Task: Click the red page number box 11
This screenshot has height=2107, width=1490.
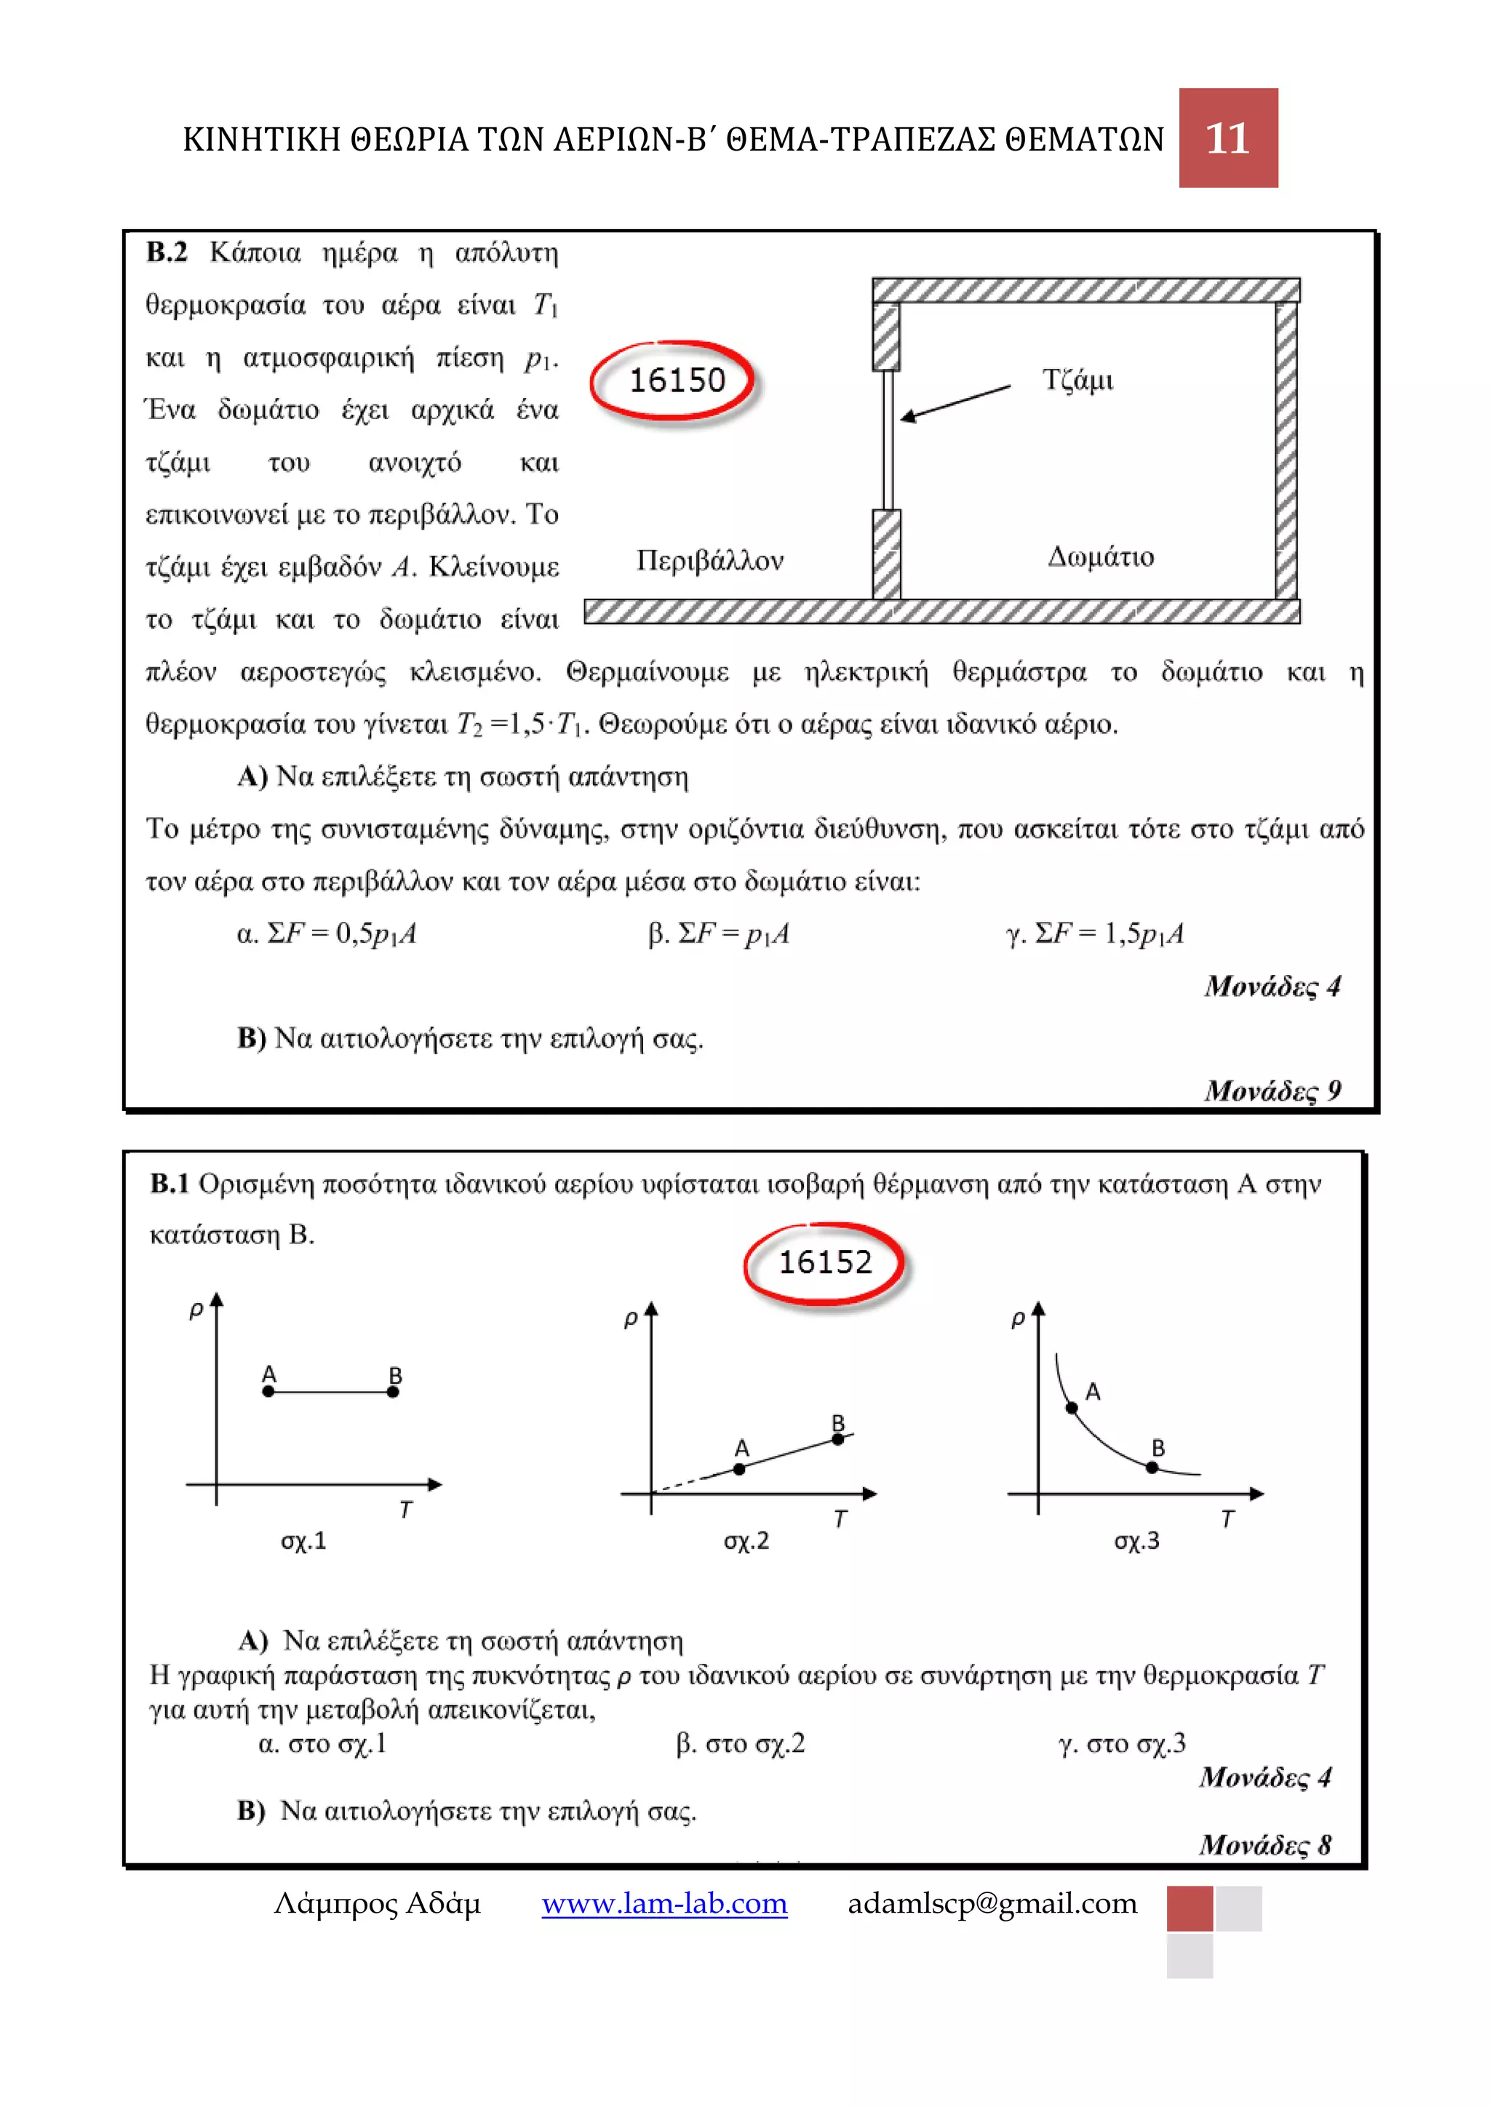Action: point(1227,138)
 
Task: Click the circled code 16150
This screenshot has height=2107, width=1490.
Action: point(675,380)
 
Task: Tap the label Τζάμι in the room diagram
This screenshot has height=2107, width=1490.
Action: point(1077,380)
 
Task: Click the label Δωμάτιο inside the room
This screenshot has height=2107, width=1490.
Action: point(1100,557)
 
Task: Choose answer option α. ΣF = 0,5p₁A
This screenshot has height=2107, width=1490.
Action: point(327,933)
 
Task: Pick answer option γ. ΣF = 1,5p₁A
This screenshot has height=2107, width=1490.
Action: point(1094,933)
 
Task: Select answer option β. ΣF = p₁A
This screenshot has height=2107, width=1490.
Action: point(718,933)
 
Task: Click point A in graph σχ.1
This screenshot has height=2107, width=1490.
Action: point(268,1391)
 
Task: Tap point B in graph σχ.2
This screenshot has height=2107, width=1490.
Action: point(837,1439)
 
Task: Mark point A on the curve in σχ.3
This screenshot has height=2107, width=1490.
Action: point(1071,1408)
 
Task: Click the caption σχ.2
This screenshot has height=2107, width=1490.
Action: point(746,1541)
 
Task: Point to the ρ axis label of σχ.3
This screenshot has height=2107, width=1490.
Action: point(1018,1319)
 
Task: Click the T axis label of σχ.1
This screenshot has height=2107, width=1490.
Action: point(405,1509)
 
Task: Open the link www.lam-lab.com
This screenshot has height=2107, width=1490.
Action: point(664,1903)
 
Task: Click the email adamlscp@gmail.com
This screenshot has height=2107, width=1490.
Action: point(992,1903)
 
